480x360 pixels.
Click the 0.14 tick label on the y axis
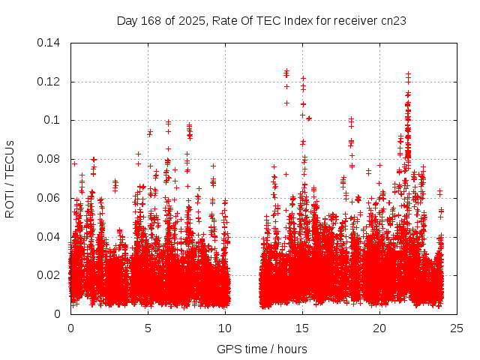pos(50,43)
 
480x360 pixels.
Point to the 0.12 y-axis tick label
pos(50,82)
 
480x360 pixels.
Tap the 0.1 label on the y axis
pos(53,120)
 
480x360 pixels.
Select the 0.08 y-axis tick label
pos(50,159)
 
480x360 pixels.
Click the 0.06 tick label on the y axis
pos(50,198)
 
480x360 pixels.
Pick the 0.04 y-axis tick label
pos(50,237)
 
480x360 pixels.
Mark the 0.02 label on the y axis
pos(50,275)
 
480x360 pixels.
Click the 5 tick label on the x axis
pos(148,328)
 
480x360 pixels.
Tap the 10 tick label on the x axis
pos(225,328)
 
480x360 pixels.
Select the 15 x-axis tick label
pos(302,328)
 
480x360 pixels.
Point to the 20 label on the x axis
pos(379,328)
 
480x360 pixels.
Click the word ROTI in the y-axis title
pos(10,203)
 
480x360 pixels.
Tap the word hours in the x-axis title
pos(292,349)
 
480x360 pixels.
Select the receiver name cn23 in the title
pos(394,21)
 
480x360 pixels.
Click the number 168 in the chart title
pos(152,21)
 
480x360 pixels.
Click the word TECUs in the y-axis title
pos(10,159)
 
